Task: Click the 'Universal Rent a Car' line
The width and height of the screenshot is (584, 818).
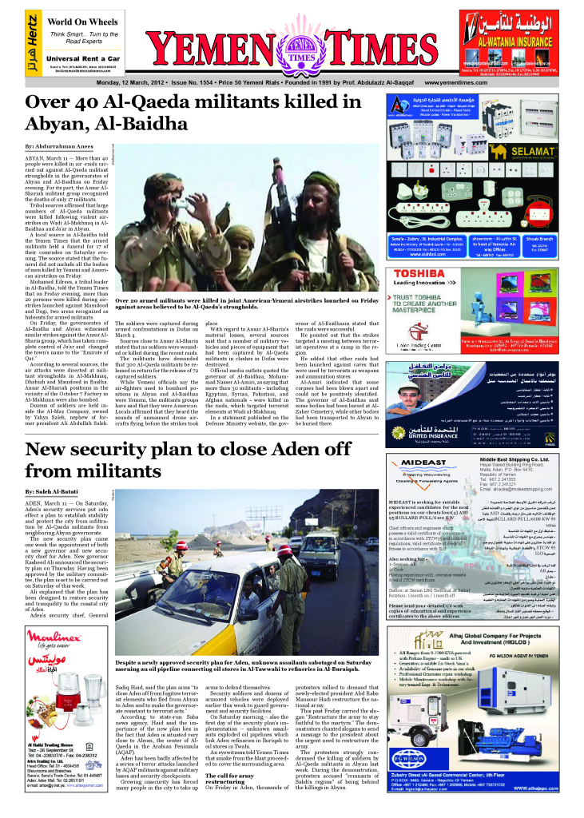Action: tap(83, 58)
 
